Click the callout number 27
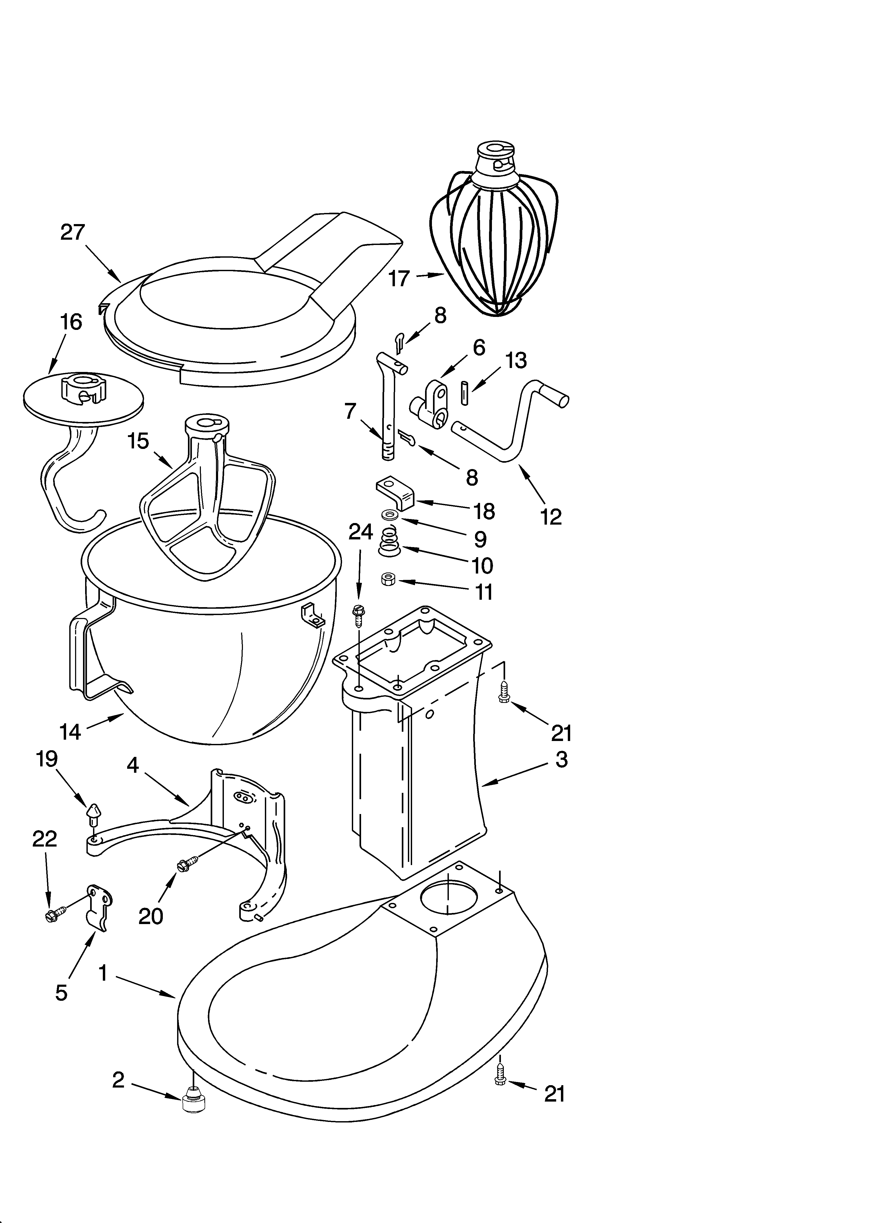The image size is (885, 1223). pyautogui.click(x=73, y=233)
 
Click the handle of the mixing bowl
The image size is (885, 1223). pyautogui.click(x=81, y=655)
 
